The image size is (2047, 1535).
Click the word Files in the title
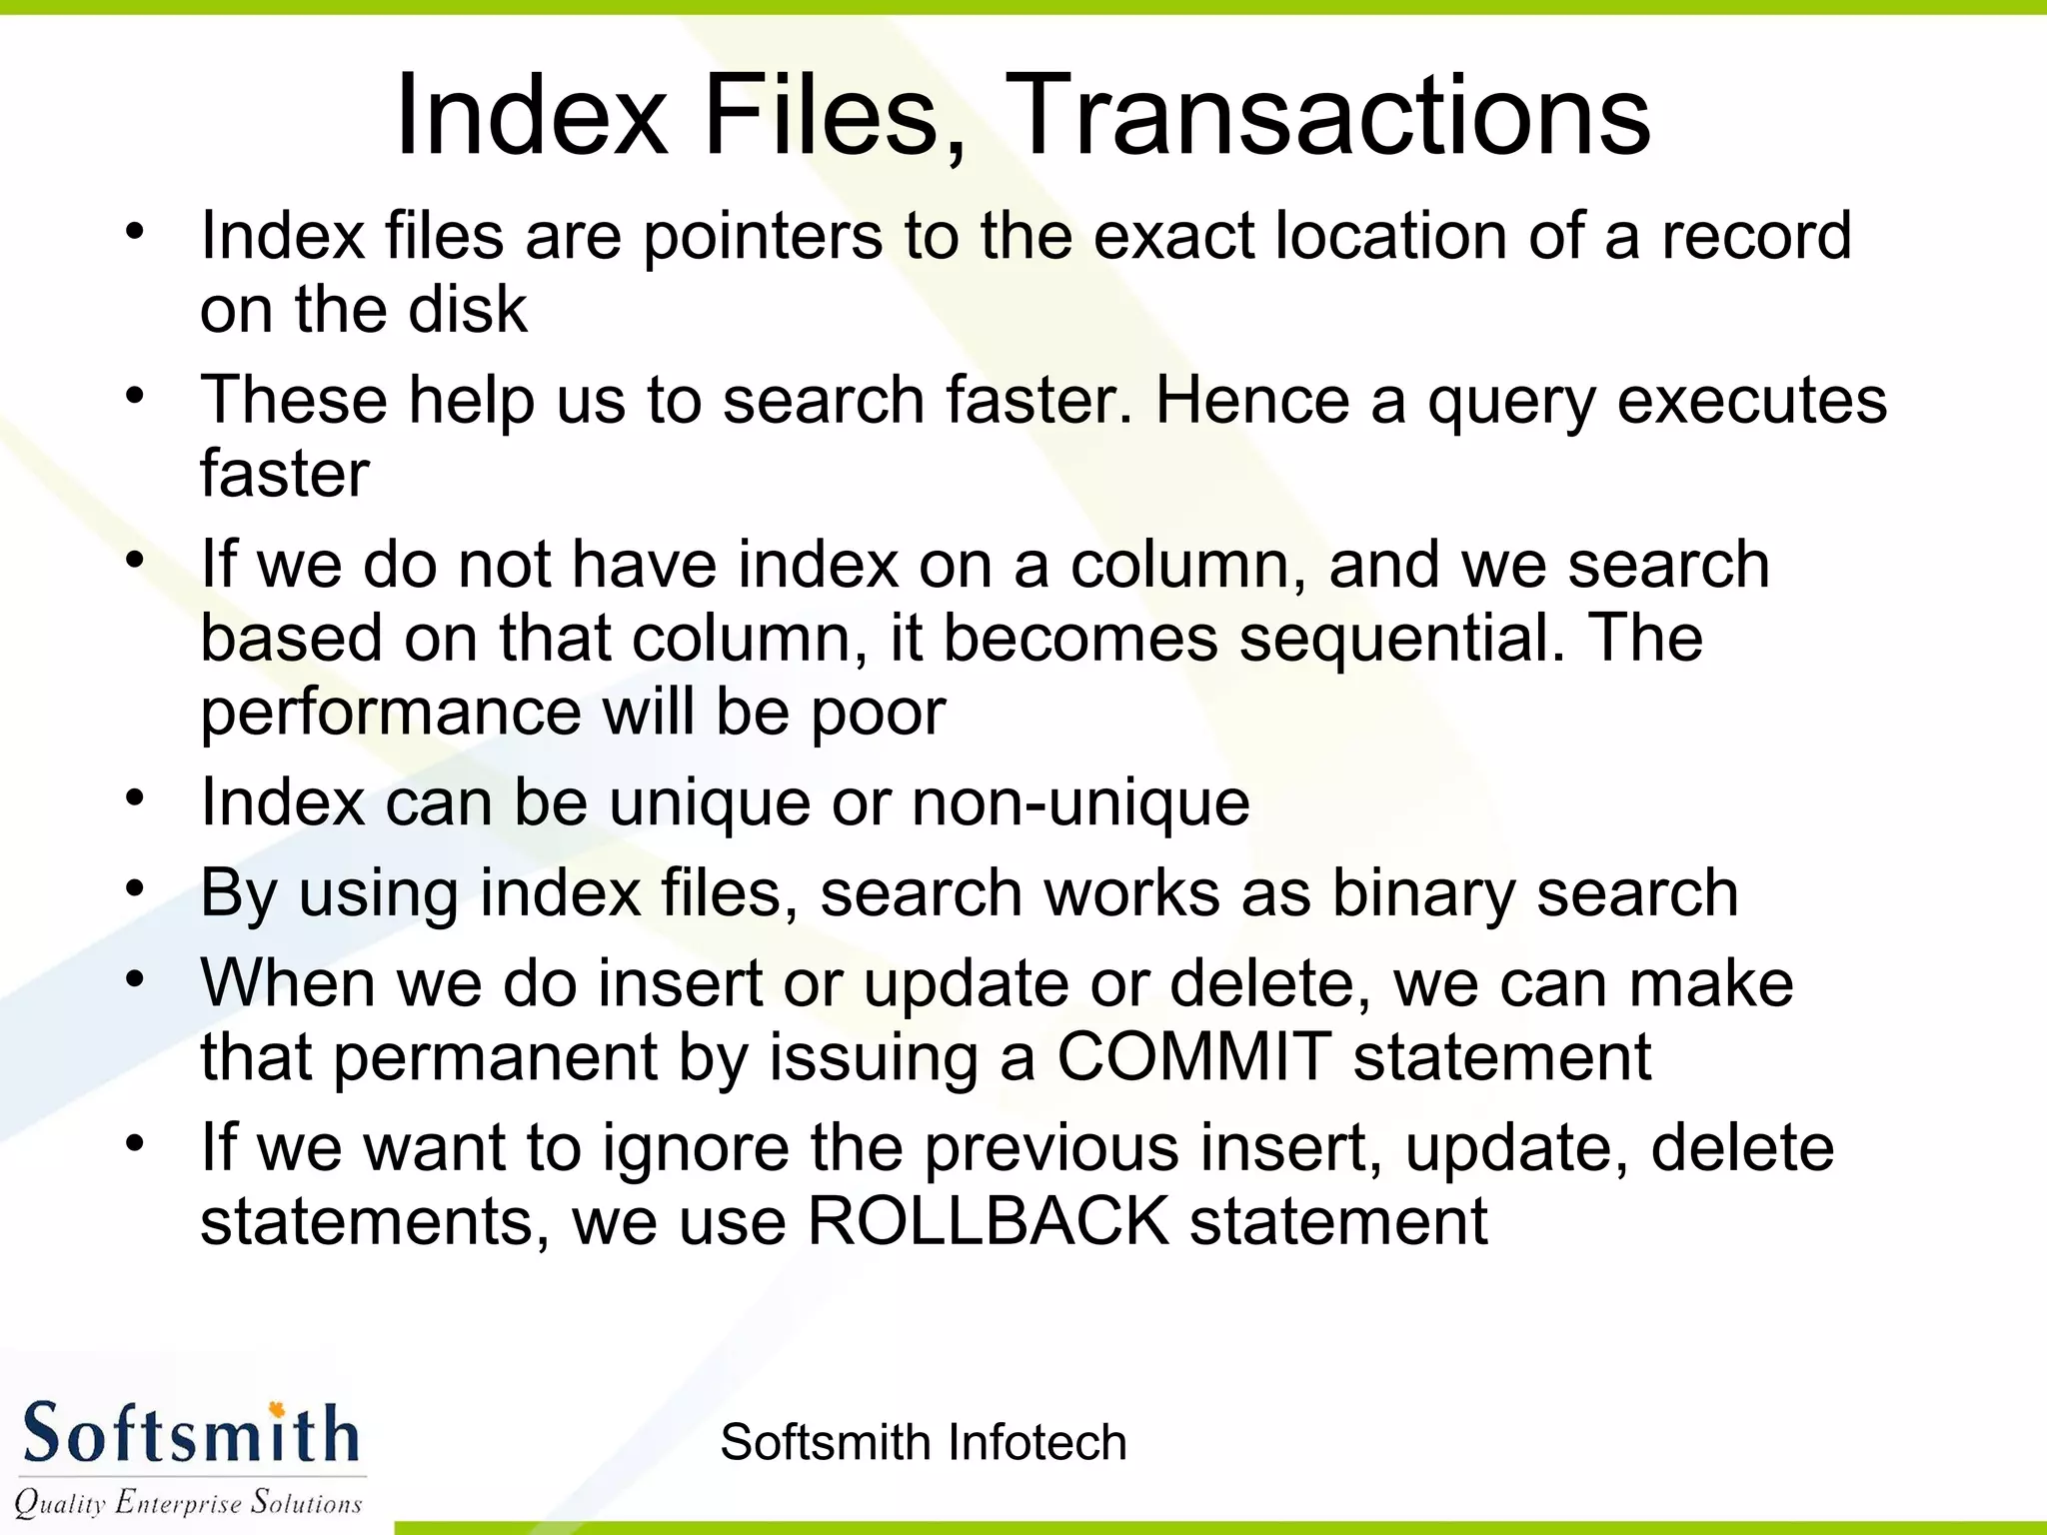point(835,116)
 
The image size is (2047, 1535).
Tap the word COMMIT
point(1193,1056)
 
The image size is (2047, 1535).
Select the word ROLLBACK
point(988,1220)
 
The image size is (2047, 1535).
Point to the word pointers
point(763,238)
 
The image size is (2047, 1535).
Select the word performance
point(391,713)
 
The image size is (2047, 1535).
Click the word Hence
point(1252,400)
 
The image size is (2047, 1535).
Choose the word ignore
point(695,1149)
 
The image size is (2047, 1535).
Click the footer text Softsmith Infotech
point(923,1442)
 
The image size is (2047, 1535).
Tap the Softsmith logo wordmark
point(190,1434)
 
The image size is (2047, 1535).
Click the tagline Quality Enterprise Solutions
point(188,1502)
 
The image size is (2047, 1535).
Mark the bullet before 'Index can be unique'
point(136,798)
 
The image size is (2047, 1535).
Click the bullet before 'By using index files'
point(136,888)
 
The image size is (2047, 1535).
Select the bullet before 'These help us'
point(136,396)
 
